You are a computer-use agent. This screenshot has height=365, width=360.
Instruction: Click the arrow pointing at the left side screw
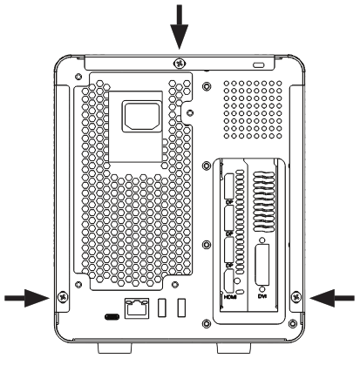pyautogui.click(x=26, y=298)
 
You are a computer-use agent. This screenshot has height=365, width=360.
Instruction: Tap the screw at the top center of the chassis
pyautogui.click(x=179, y=63)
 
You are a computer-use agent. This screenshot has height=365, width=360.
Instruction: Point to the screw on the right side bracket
pyautogui.click(x=297, y=298)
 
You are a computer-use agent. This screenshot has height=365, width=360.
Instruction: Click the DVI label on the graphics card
pyautogui.click(x=262, y=296)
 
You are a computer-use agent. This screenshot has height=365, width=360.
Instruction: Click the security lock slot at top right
pyautogui.click(x=255, y=65)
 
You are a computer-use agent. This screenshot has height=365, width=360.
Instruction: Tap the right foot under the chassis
pyautogui.click(x=246, y=348)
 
